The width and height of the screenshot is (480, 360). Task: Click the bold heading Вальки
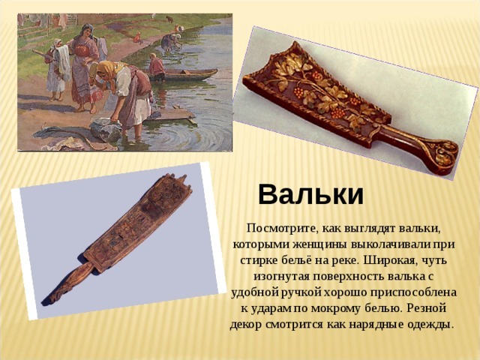tap(311, 195)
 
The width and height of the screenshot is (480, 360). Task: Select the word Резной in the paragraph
tap(427, 307)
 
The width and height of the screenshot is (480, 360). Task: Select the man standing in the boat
tap(157, 67)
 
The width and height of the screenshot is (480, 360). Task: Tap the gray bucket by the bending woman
tap(106, 130)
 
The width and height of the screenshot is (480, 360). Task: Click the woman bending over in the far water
tap(171, 42)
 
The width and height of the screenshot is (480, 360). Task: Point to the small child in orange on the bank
tap(137, 37)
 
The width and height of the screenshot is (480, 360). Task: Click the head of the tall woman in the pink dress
tap(87, 30)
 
